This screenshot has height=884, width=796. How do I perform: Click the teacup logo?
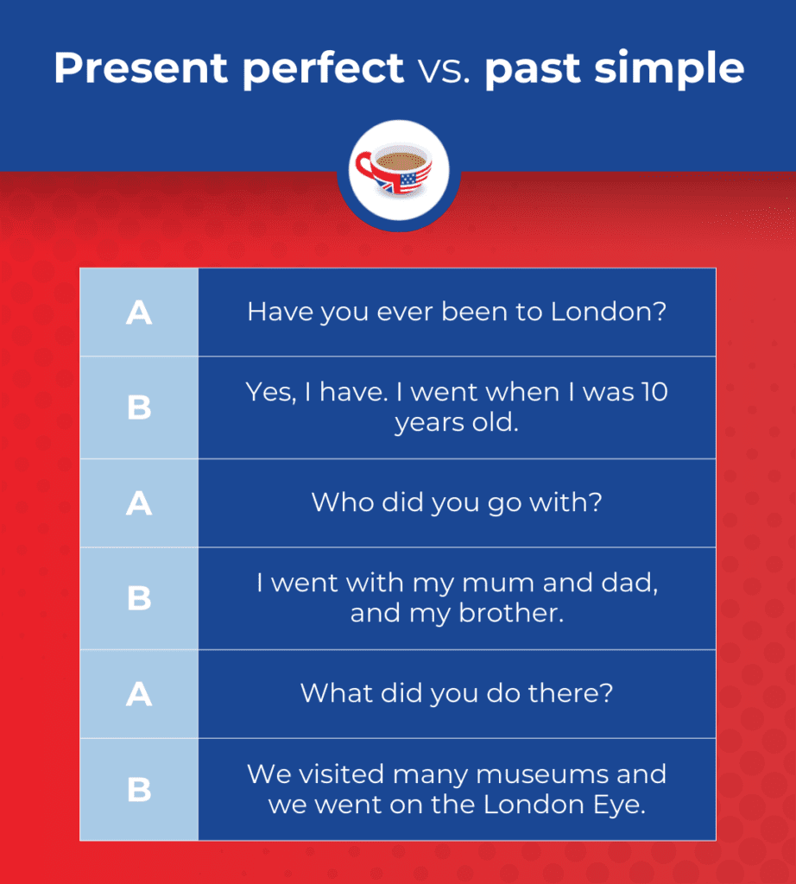[x=398, y=169]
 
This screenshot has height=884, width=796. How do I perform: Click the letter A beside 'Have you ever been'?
[x=139, y=313]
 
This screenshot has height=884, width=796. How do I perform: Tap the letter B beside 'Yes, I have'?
[x=139, y=407]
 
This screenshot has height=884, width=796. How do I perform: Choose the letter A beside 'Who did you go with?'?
[x=139, y=503]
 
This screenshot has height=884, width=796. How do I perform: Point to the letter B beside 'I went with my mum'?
[x=139, y=598]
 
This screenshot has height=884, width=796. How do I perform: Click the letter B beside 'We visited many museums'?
[x=139, y=789]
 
